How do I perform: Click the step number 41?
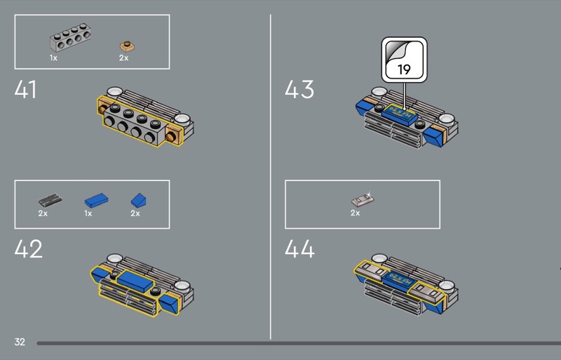[x=25, y=89]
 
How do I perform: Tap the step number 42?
[x=28, y=248]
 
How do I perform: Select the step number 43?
[x=299, y=89]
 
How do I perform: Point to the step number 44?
[x=299, y=248]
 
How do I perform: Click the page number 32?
[x=20, y=342]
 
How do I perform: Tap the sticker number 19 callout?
[x=405, y=60]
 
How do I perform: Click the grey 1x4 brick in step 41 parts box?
[x=70, y=38]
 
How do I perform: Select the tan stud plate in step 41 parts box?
[x=127, y=46]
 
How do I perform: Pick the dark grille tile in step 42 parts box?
[x=50, y=200]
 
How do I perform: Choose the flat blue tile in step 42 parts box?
[x=96, y=200]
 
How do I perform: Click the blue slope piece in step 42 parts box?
[x=138, y=200]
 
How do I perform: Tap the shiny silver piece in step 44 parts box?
[x=363, y=199]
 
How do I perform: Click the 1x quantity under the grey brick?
[x=53, y=58]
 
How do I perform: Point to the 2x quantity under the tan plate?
[x=124, y=58]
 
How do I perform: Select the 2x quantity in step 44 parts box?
[x=356, y=213]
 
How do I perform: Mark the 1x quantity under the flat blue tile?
[x=88, y=213]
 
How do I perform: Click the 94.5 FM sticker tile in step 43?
[x=399, y=114]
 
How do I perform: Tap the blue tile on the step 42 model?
[x=135, y=280]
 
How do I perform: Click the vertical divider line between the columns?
[x=271, y=177]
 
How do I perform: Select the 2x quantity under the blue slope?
[x=135, y=213]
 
